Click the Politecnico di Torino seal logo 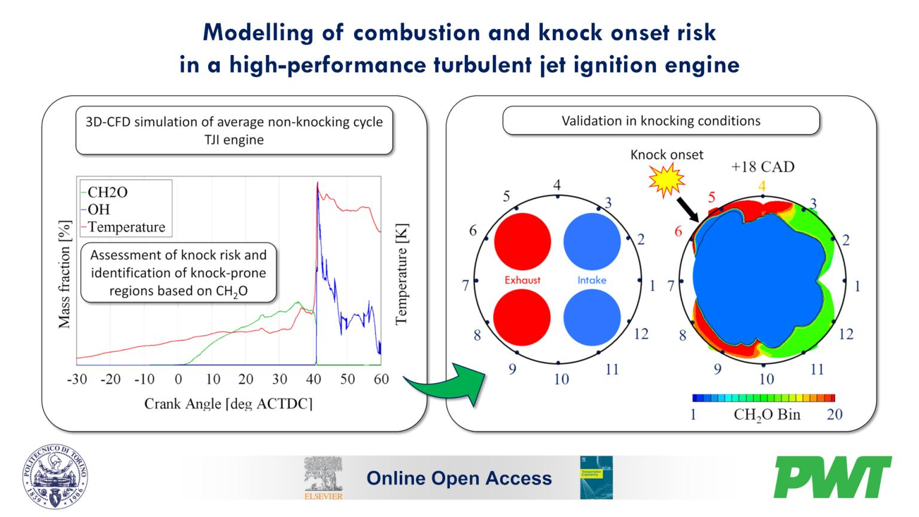[56, 477]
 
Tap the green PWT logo [833, 477]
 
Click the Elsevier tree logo [324, 477]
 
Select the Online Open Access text [459, 478]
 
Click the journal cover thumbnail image [596, 478]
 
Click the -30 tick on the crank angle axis [77, 379]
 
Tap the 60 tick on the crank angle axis [381, 379]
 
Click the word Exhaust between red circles [522, 280]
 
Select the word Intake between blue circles [592, 280]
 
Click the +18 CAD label [762, 167]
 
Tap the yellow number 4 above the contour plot [762, 186]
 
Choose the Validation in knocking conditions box [661, 121]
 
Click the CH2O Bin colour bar [763, 398]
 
